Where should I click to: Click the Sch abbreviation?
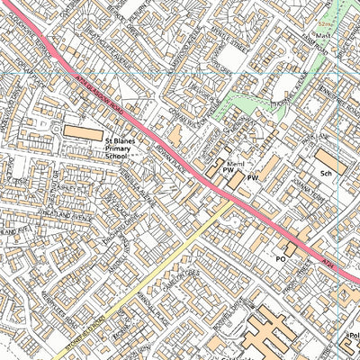tap(326, 171)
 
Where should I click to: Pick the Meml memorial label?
tap(236, 164)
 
